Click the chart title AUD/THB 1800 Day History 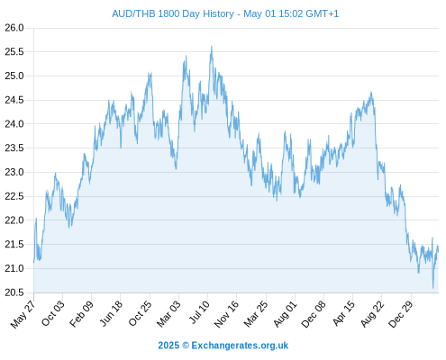click(173, 13)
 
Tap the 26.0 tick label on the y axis click(14, 28)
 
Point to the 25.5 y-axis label click(14, 52)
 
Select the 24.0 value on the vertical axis click(14, 124)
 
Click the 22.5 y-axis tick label click(14, 196)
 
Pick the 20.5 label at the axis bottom click(14, 292)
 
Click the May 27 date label click(23, 314)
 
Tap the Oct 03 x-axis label click(53, 313)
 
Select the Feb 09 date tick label click(81, 313)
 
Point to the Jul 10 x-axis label click(199, 312)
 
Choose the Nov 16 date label click(226, 313)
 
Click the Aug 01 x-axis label click(286, 313)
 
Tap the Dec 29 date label click(401, 314)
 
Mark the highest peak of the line click(212, 47)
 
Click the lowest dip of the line click(433, 288)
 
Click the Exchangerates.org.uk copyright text click(240, 346)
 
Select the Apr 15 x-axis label click(344, 313)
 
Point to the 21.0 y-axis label click(14, 268)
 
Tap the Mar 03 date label click(168, 313)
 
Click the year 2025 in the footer click(168, 346)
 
